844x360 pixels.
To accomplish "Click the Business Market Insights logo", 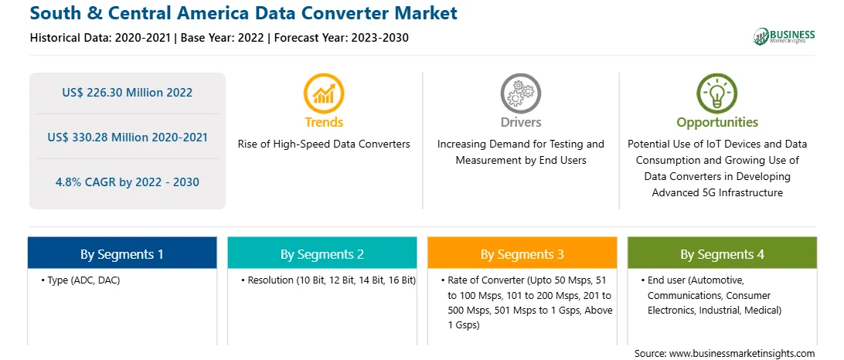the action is (784, 36).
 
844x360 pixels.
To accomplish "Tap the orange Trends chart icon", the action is (324, 93).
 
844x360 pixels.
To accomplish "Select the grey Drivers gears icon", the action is (520, 93).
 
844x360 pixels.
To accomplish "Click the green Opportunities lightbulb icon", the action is (717, 93).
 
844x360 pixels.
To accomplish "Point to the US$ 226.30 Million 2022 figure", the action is (127, 93).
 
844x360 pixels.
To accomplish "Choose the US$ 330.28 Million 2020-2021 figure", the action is (127, 138).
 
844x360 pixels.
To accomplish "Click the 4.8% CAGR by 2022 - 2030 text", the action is (127, 182).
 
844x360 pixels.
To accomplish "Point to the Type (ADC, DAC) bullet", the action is (80, 281).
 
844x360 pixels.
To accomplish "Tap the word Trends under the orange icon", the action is (324, 122).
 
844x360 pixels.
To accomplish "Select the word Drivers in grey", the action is (521, 122).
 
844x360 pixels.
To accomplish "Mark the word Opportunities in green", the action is (717, 123).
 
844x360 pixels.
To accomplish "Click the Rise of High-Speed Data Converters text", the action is (324, 144).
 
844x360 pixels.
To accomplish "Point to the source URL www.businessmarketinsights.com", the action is (740, 354).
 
